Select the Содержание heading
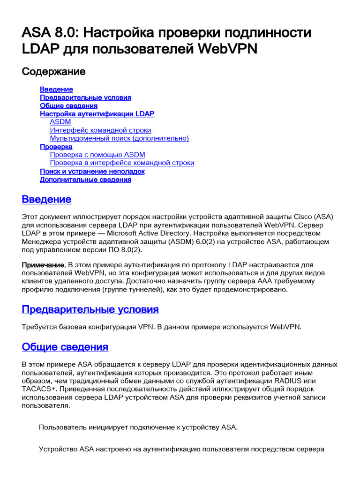54,72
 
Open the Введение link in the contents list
56,89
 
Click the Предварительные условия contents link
85,97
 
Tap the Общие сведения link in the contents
68,105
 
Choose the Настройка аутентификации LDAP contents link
97,114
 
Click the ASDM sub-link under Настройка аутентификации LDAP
60,122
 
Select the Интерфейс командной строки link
100,130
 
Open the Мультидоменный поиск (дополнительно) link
119,138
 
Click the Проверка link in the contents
56,147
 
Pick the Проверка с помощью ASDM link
97,155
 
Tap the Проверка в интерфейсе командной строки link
122,163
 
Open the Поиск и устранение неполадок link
92,171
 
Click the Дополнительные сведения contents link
85,180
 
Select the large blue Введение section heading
47,199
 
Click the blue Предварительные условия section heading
90,309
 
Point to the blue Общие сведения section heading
65,347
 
